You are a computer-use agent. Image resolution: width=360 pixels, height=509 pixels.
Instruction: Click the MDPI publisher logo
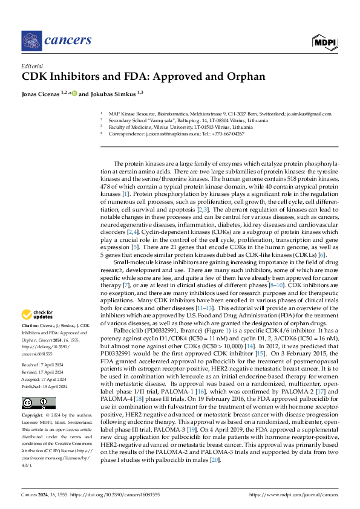pyautogui.click(x=324, y=41)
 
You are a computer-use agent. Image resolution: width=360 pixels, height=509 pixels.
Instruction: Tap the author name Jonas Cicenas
pyautogui.click(x=41, y=94)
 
